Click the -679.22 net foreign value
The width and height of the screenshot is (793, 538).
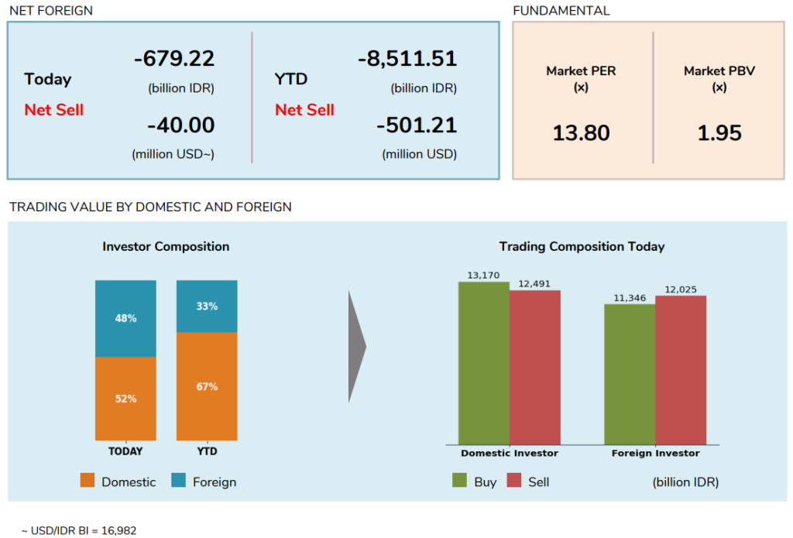[173, 59]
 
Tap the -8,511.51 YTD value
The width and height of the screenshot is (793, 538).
[407, 59]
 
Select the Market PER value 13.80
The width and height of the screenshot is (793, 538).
[581, 133]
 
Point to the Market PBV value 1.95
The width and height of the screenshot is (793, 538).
[719, 133]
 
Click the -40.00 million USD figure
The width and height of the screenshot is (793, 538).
[180, 125]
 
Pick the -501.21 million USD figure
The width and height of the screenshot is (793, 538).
[416, 125]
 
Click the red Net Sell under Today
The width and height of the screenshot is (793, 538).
[53, 110]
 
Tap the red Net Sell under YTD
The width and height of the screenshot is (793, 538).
[304, 110]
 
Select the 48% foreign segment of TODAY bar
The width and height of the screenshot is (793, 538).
[125, 318]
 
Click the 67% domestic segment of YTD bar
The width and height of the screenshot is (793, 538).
[207, 386]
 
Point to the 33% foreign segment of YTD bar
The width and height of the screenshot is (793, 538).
[207, 306]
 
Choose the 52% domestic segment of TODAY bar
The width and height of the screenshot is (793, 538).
[125, 399]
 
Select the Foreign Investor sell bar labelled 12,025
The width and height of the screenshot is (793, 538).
[681, 370]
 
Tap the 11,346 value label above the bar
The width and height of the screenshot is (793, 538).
[630, 298]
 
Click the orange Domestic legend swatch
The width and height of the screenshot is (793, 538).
[88, 481]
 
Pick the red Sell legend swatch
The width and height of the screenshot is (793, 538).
[514, 481]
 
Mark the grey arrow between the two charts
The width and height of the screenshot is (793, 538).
[356, 347]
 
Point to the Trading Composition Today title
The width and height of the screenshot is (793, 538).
[582, 247]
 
